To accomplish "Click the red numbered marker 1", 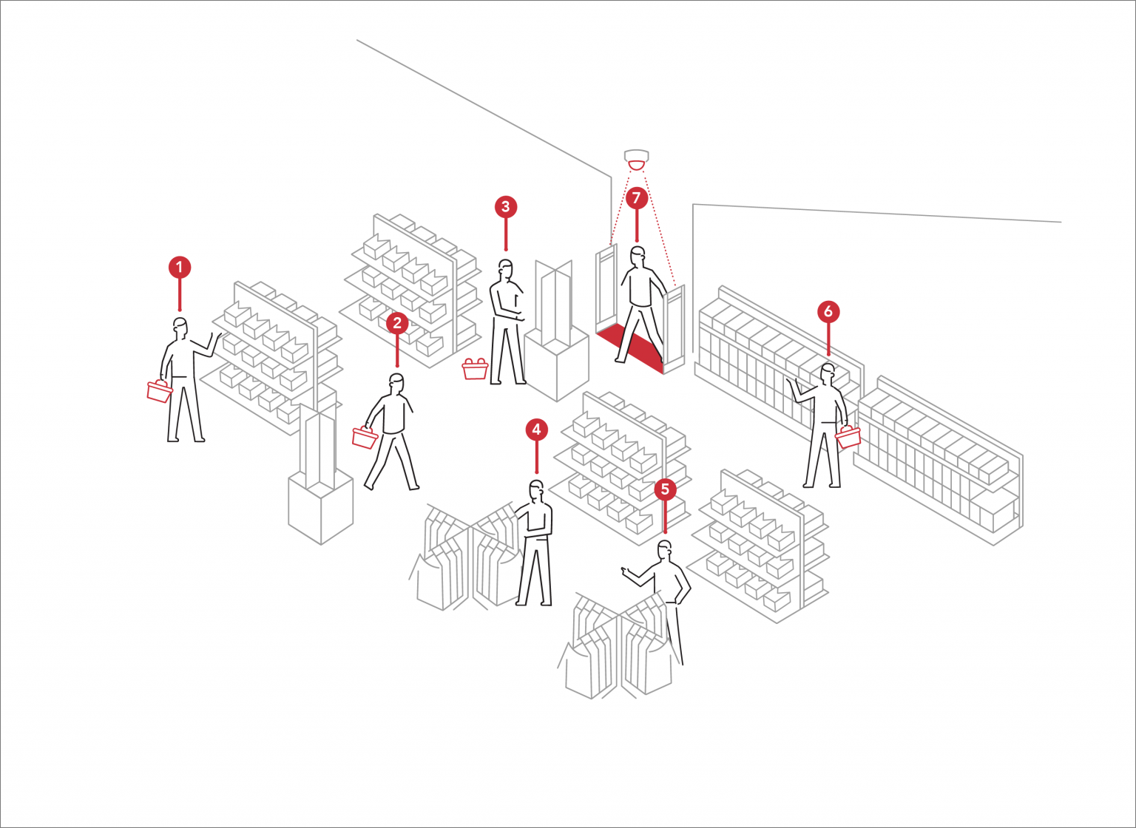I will click(180, 267).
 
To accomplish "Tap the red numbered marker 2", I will click(397, 323).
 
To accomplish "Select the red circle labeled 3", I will click(506, 207).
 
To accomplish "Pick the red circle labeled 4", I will click(536, 430).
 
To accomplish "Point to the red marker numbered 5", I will click(665, 489).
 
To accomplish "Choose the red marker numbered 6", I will click(828, 311).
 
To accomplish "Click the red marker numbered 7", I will click(636, 198).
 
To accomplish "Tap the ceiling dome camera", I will click(636, 159).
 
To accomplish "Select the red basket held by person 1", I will click(159, 390).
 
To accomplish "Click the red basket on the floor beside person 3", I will click(475, 368).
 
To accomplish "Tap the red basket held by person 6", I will click(848, 436).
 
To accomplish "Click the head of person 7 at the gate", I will click(638, 256).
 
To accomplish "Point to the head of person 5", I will click(665, 550).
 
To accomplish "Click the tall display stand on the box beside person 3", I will click(554, 303).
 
